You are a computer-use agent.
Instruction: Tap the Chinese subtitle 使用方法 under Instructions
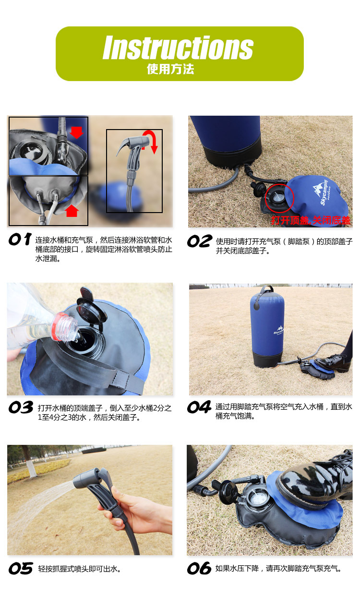click(x=170, y=69)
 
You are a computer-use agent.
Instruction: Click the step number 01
click(x=20, y=239)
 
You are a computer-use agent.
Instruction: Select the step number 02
click(x=200, y=241)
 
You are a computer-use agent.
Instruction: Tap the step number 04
click(x=199, y=407)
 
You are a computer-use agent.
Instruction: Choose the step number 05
click(x=21, y=568)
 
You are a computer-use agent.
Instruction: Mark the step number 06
click(x=199, y=568)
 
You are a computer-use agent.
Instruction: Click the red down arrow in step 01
click(x=76, y=132)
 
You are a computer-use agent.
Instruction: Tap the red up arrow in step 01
click(x=72, y=211)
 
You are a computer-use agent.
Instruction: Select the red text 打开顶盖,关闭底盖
click(x=311, y=220)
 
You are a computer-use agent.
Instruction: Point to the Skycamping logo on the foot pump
click(x=321, y=192)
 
